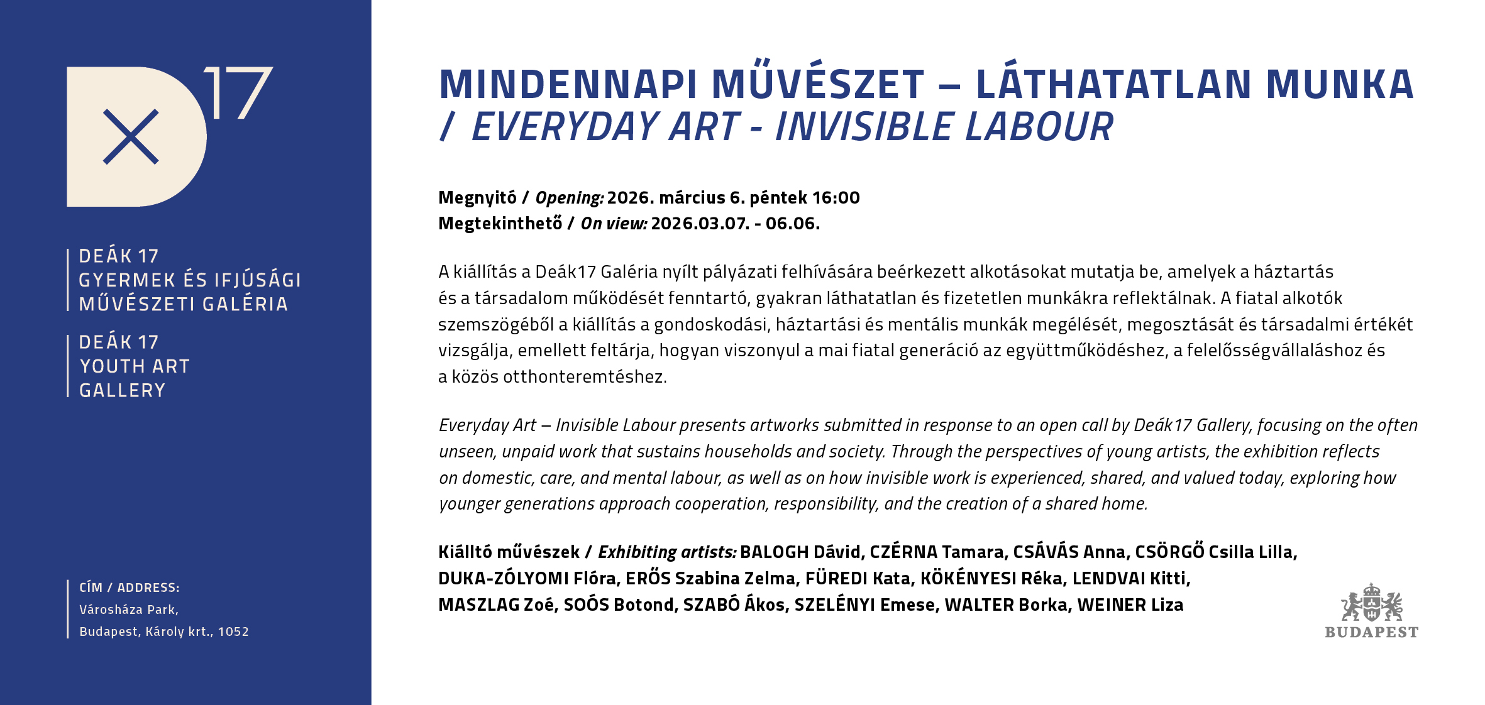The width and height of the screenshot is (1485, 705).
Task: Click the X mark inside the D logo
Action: [131, 137]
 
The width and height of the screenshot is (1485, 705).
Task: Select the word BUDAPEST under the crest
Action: [1371, 632]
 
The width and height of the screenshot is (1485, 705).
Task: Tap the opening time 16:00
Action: [836, 198]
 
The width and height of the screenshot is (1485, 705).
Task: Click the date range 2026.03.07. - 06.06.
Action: [735, 224]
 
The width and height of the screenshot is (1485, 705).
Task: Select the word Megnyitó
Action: [477, 198]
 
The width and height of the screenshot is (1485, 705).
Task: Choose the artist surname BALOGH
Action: [774, 552]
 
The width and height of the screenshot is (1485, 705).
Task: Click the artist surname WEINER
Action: [1111, 605]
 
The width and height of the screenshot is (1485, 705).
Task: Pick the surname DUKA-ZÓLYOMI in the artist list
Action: [503, 579]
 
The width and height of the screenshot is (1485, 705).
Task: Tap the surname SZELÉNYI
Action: [834, 605]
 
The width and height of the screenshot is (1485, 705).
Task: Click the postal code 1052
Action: [233, 632]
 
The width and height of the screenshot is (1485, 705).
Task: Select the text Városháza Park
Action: [128, 609]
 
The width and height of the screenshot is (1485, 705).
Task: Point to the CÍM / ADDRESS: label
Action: [129, 587]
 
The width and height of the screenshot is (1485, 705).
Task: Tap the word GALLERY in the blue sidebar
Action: [122, 391]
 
